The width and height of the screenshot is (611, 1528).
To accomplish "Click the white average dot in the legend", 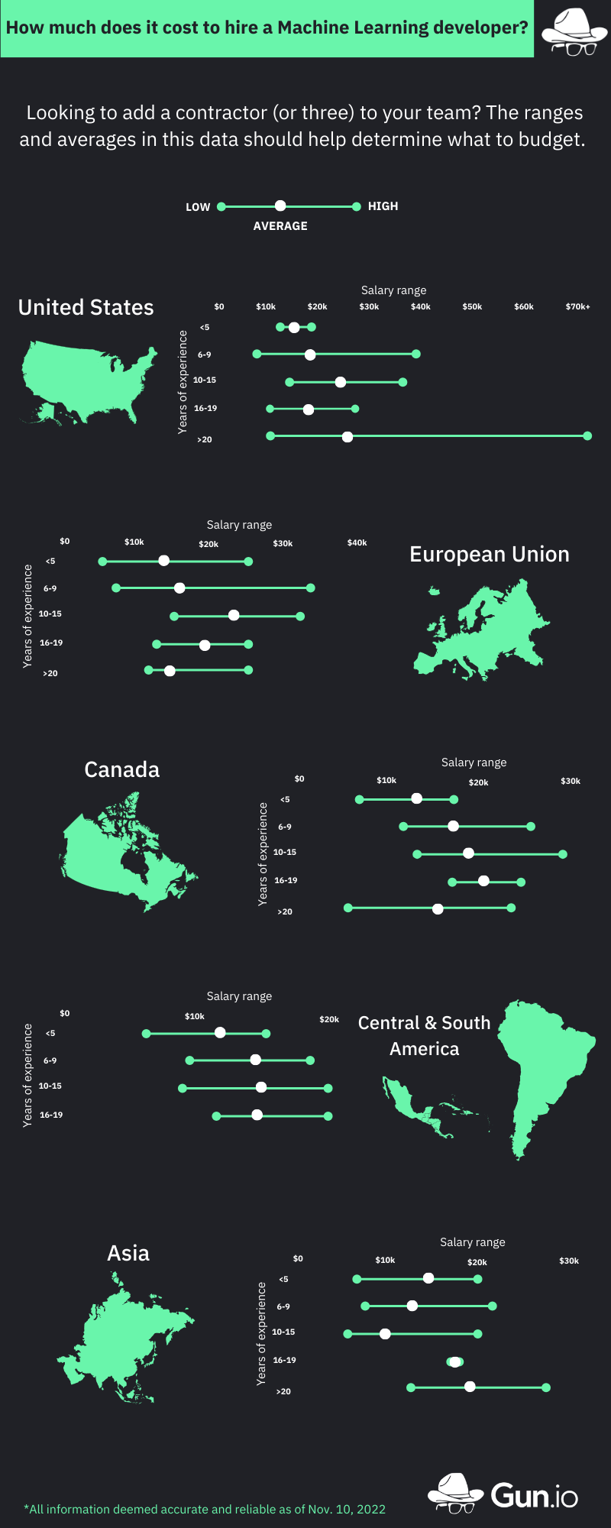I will [280, 206].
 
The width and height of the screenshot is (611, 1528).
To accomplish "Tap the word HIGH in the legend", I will [383, 206].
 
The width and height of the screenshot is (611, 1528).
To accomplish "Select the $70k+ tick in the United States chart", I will [577, 306].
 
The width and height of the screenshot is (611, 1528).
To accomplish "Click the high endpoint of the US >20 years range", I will [587, 436].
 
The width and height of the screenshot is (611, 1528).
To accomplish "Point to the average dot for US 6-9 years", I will [310, 354].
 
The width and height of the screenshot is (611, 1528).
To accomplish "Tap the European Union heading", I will [490, 554].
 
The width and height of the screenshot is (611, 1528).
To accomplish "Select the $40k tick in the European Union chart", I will [357, 542].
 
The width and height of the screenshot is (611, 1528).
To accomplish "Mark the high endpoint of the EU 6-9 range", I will [311, 588].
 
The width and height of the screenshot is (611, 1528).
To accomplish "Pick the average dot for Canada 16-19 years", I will [483, 881].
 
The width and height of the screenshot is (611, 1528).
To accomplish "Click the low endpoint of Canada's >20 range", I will [348, 908].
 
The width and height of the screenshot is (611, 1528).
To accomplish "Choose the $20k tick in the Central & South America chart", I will [329, 1019].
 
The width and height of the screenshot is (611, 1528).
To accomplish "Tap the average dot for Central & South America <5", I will [220, 1033].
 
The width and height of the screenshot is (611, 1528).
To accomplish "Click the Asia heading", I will [128, 1253].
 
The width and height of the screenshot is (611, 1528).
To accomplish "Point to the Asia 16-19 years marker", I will [455, 1361].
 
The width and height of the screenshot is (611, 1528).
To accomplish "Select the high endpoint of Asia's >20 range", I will [547, 1387].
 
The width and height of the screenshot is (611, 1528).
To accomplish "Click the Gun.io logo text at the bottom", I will [534, 1495].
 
